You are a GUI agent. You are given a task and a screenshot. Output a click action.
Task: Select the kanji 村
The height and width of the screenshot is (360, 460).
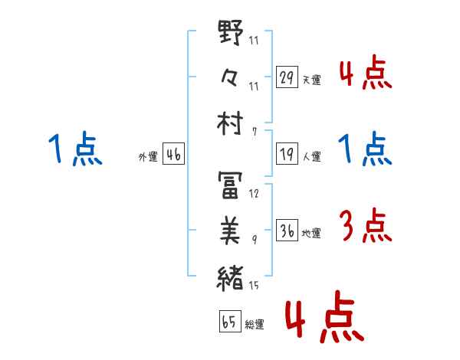click(230, 124)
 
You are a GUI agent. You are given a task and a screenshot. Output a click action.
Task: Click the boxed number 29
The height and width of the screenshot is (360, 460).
click(287, 78)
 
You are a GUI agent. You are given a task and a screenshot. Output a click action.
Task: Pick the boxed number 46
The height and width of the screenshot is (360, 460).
click(173, 155)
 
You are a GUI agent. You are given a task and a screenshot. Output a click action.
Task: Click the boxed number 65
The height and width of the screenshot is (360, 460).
click(229, 322)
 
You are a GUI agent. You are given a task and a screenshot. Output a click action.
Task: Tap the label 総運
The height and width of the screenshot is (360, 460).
click(254, 325)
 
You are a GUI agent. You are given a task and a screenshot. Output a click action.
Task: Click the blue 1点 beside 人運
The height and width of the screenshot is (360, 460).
click(365, 149)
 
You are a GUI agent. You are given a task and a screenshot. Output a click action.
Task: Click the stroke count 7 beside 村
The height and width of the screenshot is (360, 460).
click(254, 132)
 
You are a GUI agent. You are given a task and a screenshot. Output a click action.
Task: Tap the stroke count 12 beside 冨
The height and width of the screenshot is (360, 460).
click(255, 194)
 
